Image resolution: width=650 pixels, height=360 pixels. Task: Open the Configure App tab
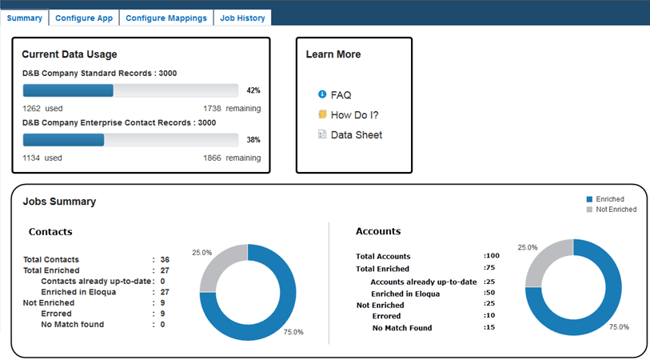(x=84, y=18)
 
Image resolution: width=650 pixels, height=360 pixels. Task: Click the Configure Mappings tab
(x=166, y=18)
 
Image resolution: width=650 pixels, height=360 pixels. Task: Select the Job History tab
(x=242, y=18)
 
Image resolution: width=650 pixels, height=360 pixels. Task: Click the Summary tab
(x=24, y=18)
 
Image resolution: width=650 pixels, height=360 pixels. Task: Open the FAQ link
(x=341, y=95)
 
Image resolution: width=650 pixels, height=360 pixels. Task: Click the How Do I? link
(x=354, y=115)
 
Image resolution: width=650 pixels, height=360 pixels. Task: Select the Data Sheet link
(x=356, y=135)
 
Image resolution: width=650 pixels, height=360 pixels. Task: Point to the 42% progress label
(x=253, y=90)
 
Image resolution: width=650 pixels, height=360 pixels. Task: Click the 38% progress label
(x=253, y=140)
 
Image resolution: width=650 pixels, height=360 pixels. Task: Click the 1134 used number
(x=32, y=158)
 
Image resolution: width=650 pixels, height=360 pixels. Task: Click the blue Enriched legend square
(x=590, y=199)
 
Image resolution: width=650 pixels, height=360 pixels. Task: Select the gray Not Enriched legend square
(x=590, y=210)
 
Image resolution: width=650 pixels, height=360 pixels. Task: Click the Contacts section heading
(x=50, y=232)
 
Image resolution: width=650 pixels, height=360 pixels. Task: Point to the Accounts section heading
(x=378, y=231)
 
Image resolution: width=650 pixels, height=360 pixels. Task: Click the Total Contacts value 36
(x=165, y=260)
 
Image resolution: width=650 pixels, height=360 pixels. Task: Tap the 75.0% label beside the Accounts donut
(x=619, y=327)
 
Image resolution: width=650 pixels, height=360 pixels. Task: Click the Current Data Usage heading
(x=70, y=54)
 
